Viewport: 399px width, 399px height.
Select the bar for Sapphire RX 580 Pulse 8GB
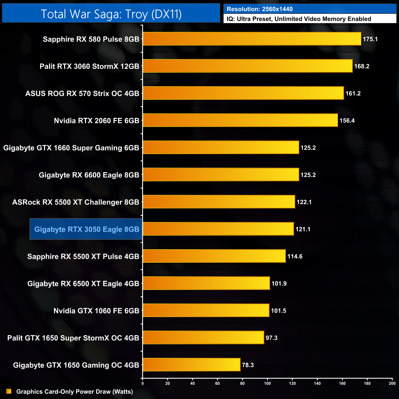click(x=252, y=39)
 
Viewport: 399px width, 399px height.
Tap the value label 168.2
click(x=362, y=66)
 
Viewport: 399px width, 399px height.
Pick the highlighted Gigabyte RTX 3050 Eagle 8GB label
click(x=87, y=229)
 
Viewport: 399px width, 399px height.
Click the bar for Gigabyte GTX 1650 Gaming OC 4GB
click(x=192, y=365)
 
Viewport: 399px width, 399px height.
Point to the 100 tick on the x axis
click(x=267, y=383)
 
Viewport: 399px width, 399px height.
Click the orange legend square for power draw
click(x=9, y=391)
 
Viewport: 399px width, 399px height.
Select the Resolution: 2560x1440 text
click(x=260, y=9)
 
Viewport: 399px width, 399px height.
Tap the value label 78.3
click(x=248, y=365)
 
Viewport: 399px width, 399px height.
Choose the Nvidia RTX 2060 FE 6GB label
click(x=96, y=121)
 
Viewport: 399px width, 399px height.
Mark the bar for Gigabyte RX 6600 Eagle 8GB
click(x=221, y=175)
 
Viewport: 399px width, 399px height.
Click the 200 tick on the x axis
click(x=392, y=383)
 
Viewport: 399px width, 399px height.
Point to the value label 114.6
click(x=295, y=256)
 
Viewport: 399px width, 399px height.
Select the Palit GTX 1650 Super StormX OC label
click(x=73, y=338)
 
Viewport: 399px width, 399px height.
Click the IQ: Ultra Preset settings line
click(x=299, y=19)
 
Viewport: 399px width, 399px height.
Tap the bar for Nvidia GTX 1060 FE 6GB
click(x=206, y=310)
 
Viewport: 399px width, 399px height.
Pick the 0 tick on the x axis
click(x=142, y=383)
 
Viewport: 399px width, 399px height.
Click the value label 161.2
click(x=353, y=93)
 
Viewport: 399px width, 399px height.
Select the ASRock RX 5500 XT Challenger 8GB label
click(x=76, y=202)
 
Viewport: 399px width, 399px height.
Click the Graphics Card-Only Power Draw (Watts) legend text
click(x=75, y=392)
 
